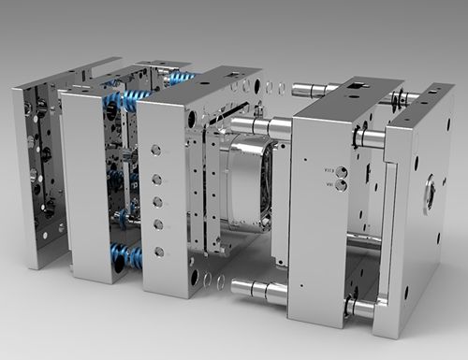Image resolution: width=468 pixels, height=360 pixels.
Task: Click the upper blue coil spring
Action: [125, 100]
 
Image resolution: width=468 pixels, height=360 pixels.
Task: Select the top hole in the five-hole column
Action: [155, 150]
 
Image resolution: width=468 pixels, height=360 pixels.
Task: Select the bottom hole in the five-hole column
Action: [158, 251]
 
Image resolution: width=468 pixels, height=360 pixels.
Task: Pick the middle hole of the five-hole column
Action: [157, 201]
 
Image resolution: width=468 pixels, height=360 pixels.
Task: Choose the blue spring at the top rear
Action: [181, 78]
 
